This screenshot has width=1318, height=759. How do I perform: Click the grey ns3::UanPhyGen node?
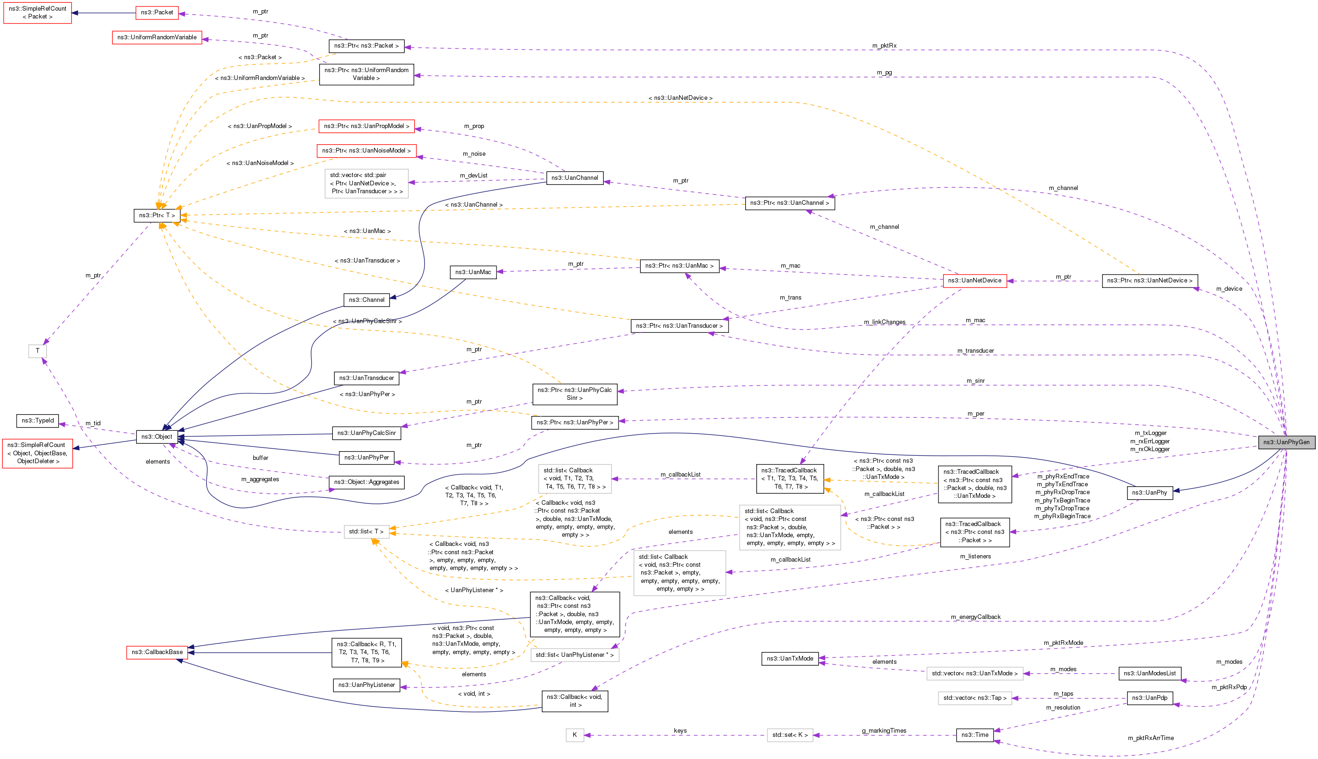pos(1286,442)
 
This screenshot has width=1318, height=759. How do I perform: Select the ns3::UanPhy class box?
pos(1149,493)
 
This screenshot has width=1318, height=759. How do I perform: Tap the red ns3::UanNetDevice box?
pos(975,281)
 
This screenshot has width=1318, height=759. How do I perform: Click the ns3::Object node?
pos(156,436)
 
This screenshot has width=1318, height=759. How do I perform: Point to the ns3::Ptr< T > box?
pos(156,215)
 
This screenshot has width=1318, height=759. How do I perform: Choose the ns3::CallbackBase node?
pos(157,652)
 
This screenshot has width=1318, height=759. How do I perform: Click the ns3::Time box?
pos(975,735)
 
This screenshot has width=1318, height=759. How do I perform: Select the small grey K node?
pos(574,735)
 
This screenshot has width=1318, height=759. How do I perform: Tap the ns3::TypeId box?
pos(37,420)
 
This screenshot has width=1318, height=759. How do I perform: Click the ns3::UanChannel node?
pos(575,178)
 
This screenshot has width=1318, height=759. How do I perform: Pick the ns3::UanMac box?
pos(473,272)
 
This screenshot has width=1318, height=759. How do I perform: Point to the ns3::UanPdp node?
pos(1149,698)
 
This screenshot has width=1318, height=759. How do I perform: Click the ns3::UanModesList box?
pos(1149,673)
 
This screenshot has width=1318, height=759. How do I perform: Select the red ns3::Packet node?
pos(156,12)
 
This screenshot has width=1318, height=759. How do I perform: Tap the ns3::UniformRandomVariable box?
pos(157,37)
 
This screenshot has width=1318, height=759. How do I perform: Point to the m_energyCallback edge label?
pos(975,617)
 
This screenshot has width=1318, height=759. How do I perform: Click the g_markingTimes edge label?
pos(884,731)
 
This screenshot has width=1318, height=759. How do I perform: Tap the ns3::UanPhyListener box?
pos(367,685)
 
